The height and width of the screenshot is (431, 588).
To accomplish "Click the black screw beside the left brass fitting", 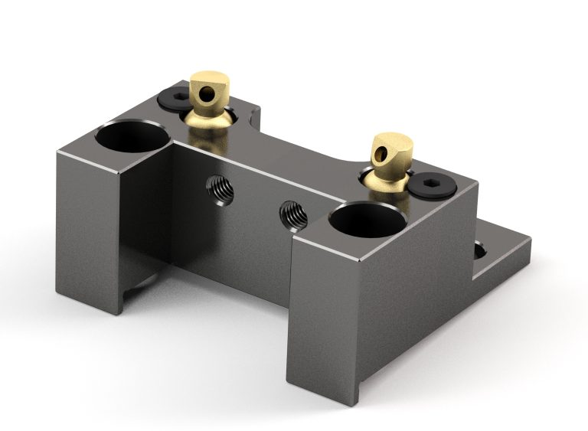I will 173,100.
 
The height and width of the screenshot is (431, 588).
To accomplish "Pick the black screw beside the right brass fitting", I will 431,184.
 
